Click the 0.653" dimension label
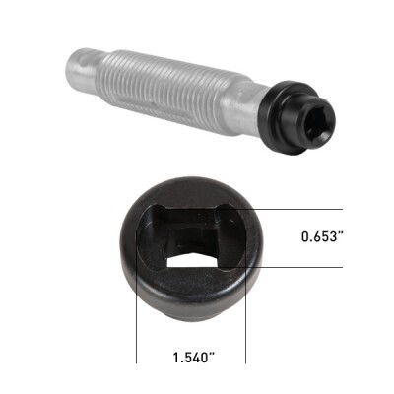point(324,238)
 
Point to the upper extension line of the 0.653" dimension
point(295,210)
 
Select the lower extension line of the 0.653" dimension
point(295,268)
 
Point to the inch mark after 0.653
point(345,235)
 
